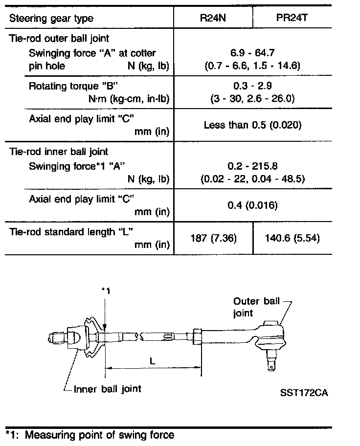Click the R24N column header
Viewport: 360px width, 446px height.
click(x=213, y=18)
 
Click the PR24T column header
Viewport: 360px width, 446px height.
click(x=292, y=18)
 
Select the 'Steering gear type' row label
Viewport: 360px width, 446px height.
click(x=51, y=19)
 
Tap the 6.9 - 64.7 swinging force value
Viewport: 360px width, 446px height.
click(x=252, y=53)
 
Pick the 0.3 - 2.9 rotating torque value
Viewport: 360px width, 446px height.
click(x=252, y=86)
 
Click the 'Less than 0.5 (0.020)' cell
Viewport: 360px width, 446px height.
click(x=252, y=125)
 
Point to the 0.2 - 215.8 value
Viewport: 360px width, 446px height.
click(x=252, y=166)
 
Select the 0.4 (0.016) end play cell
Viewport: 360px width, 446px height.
click(x=252, y=205)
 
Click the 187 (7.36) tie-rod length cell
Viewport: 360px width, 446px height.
click(x=213, y=238)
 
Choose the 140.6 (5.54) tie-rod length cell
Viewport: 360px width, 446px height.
click(x=292, y=238)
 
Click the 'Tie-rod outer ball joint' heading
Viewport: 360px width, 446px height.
click(x=59, y=39)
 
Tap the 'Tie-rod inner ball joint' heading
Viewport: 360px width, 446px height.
click(x=59, y=152)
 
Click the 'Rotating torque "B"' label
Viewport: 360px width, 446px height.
click(x=73, y=86)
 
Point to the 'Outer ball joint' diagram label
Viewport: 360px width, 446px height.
click(x=256, y=307)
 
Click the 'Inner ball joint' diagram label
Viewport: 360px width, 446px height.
click(x=107, y=389)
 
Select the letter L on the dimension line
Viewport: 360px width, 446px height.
click(x=153, y=361)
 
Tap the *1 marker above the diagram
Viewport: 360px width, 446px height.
click(x=106, y=290)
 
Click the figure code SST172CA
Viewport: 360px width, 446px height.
click(x=304, y=393)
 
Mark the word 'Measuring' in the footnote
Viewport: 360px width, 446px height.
click(x=50, y=435)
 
